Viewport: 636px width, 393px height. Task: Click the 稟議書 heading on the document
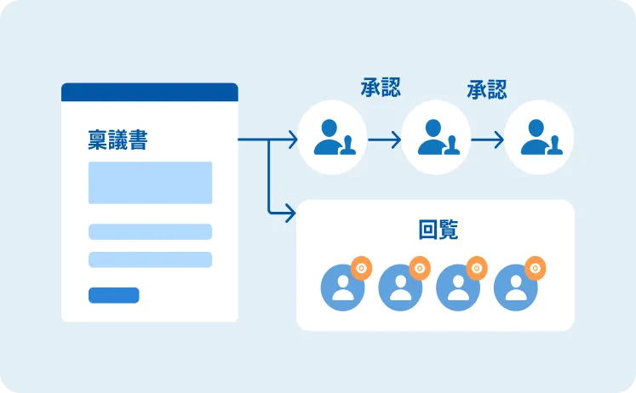pos(117,140)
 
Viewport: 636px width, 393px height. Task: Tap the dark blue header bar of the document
pos(149,92)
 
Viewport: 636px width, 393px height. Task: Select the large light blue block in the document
pos(150,182)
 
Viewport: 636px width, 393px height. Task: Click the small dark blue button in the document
pos(113,295)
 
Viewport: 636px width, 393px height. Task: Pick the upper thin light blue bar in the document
pos(150,231)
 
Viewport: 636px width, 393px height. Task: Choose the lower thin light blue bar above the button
pos(150,259)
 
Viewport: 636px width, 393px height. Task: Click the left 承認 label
pos(380,88)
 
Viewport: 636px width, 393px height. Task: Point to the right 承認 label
pos(486,89)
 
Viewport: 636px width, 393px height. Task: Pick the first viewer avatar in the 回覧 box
pos(342,287)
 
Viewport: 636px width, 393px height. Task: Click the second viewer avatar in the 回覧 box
pos(400,287)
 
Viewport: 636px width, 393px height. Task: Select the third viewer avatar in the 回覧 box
pos(458,287)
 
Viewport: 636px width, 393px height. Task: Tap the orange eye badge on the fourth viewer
pos(535,268)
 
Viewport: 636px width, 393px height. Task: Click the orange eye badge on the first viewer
pos(361,268)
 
